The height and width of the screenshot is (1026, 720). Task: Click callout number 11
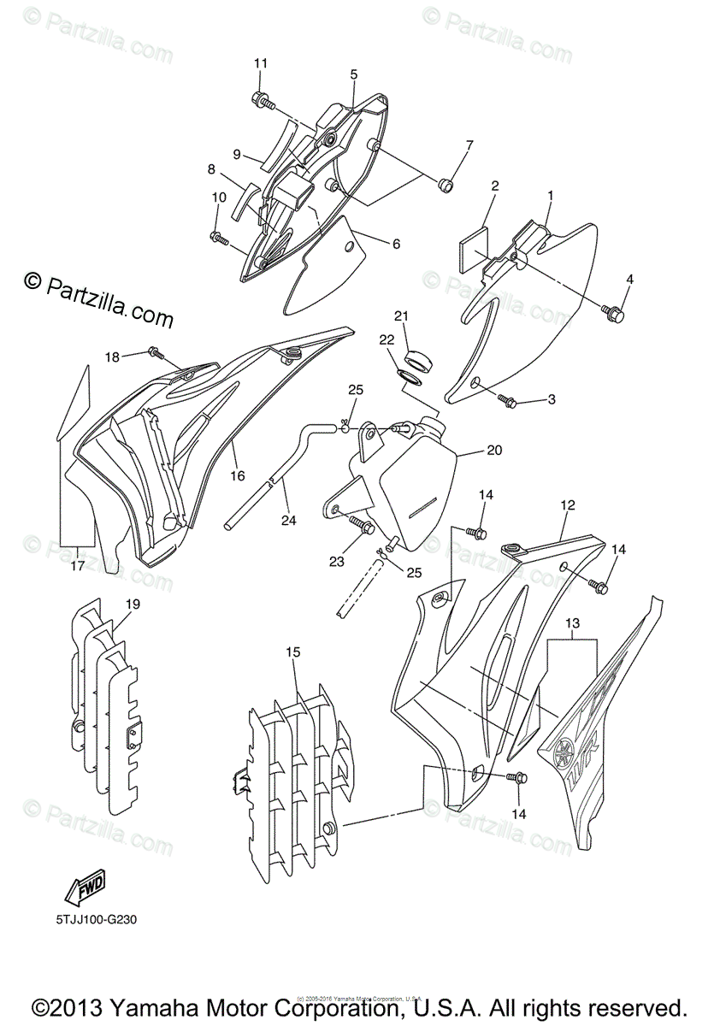click(261, 63)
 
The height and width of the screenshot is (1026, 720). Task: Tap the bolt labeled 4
click(614, 314)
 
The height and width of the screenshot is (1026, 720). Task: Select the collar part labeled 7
click(445, 185)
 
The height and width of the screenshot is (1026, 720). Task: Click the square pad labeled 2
click(474, 242)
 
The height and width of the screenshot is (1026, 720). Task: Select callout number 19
click(132, 604)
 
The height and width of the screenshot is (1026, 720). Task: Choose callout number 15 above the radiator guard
click(293, 652)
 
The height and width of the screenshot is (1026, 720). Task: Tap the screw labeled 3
click(507, 401)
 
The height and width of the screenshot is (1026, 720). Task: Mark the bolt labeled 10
click(219, 237)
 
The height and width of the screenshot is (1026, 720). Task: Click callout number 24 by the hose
click(289, 519)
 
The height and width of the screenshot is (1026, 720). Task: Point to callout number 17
click(77, 565)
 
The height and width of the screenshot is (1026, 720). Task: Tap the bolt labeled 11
click(263, 102)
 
